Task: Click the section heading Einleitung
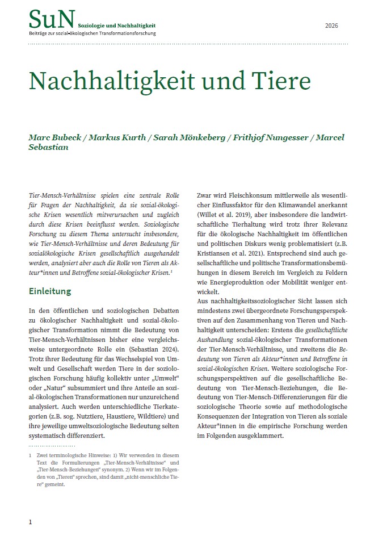click(50, 291)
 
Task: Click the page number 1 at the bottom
click(31, 521)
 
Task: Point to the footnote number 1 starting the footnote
click(30, 455)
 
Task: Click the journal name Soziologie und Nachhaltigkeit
click(116, 26)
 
